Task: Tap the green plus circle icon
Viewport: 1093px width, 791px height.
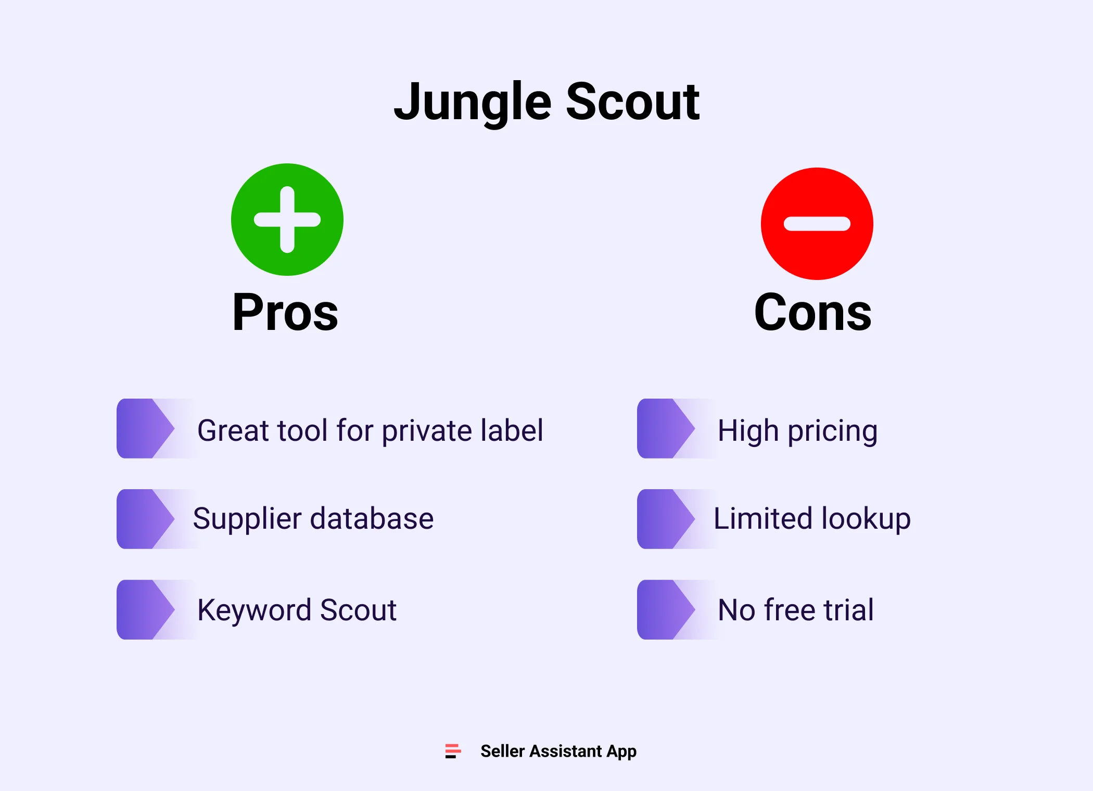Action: (287, 220)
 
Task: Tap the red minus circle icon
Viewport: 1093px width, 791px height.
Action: (817, 224)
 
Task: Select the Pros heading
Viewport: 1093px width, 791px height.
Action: (285, 312)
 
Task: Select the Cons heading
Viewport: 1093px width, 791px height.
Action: (812, 312)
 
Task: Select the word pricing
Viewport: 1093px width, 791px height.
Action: (832, 432)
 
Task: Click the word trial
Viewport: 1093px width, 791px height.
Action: (848, 610)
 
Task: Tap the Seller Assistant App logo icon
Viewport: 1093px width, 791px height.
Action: (453, 751)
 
